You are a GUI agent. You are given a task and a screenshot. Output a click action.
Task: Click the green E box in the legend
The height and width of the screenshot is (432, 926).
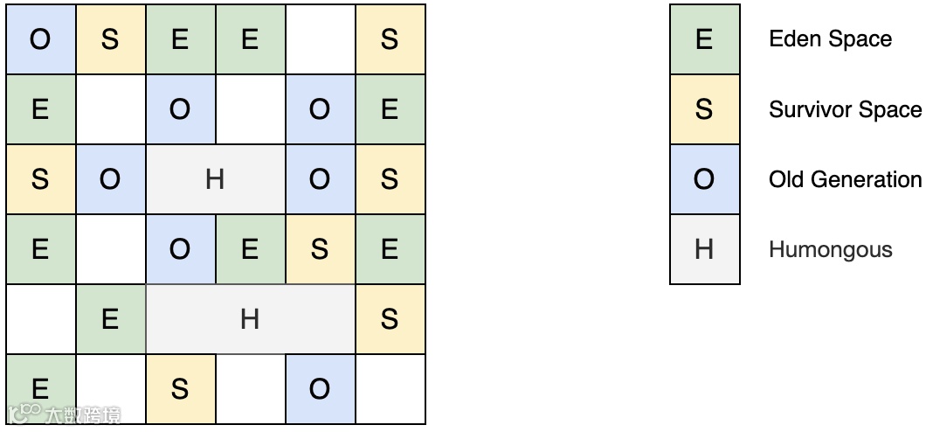point(704,39)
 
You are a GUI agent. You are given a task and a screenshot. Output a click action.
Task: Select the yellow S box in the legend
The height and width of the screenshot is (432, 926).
point(704,109)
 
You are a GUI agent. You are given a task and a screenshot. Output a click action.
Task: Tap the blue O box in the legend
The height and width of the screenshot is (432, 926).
point(704,179)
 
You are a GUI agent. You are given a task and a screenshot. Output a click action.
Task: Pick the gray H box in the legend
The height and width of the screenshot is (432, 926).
point(704,249)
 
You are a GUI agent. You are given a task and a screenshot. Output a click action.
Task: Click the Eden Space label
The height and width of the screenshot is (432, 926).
point(830,39)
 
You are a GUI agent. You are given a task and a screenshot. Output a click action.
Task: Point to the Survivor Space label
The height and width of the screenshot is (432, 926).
point(845,109)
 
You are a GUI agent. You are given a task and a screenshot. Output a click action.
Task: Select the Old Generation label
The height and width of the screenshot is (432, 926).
point(845,179)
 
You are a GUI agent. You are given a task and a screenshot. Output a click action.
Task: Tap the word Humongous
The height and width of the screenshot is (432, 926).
point(830,249)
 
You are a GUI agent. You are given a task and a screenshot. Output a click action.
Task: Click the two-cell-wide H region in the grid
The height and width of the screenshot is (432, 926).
point(215,179)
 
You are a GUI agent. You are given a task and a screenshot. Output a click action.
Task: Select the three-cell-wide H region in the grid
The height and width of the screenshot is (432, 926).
point(250,319)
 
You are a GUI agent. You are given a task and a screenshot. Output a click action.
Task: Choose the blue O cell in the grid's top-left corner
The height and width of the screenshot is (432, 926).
point(40,39)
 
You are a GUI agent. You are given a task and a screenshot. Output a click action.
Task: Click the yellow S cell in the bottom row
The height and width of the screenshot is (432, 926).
point(180,389)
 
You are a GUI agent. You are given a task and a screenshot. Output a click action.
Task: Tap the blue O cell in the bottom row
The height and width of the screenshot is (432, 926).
point(320,389)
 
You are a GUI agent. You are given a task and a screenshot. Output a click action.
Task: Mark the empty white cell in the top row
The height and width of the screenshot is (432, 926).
point(320,39)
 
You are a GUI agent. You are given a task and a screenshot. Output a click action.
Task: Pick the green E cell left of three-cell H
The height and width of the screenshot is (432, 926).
point(110,319)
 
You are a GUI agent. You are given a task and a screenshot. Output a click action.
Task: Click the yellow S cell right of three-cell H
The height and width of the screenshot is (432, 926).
point(390,319)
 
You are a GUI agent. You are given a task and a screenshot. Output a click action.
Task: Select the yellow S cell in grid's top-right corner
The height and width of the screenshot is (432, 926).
point(390,39)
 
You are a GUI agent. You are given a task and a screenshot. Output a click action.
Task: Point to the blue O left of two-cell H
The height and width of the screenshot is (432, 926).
point(110,179)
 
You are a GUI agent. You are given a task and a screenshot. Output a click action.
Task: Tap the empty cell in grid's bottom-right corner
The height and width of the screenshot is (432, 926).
point(390,389)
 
